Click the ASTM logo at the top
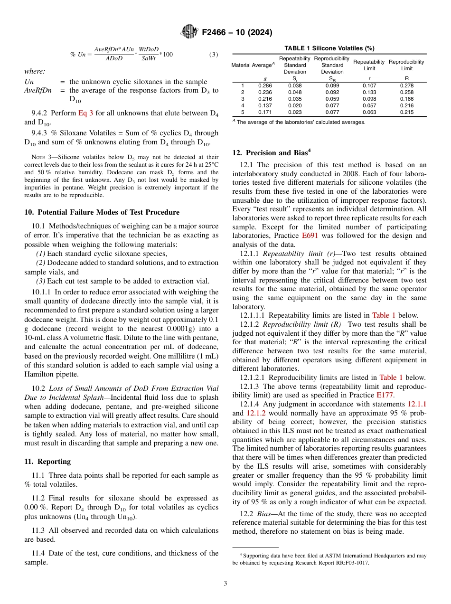pyautogui.click(x=189, y=33)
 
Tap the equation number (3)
pyautogui.click(x=214, y=55)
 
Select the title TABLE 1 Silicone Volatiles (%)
pyautogui.click(x=329, y=48)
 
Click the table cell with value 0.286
pyautogui.click(x=265, y=85)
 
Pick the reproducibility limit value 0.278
pyautogui.click(x=406, y=85)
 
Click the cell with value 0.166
pyautogui.click(x=406, y=99)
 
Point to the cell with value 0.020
pyautogui.click(x=295, y=105)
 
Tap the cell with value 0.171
pyautogui.click(x=265, y=113)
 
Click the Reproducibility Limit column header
pyautogui.click(x=406, y=65)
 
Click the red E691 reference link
pyautogui.click(x=310, y=235)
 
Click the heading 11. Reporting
pyautogui.click(x=47, y=462)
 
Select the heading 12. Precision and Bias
pyautogui.click(x=271, y=153)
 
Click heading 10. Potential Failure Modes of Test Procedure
pyautogui.click(x=102, y=212)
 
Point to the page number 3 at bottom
pyautogui.click(x=225, y=584)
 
